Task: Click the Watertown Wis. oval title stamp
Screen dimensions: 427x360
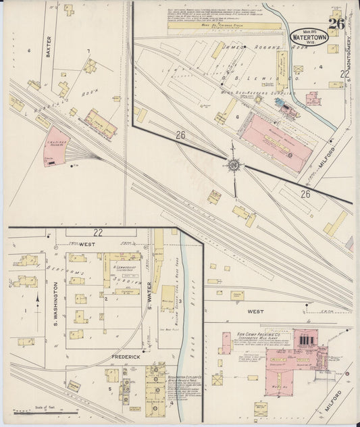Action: tap(309, 38)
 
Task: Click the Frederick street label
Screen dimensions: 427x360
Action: tap(126, 356)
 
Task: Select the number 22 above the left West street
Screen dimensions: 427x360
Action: tap(98, 232)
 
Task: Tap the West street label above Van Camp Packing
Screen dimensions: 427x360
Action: tap(255, 312)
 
